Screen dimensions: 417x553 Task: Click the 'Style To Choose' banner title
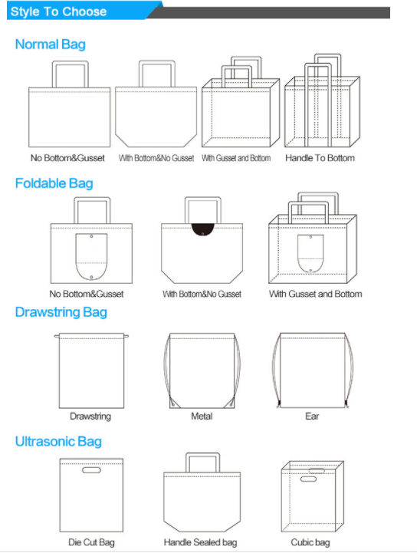click(58, 12)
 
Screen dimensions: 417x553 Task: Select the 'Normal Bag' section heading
click(51, 44)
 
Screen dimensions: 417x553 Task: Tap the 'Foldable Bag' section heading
click(54, 183)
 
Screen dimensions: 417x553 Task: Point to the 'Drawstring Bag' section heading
click(61, 312)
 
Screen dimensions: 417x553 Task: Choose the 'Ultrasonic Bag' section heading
click(58, 441)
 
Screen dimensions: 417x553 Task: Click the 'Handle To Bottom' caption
click(320, 158)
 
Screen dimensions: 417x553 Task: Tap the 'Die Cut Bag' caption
click(91, 542)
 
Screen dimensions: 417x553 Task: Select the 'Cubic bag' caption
click(310, 542)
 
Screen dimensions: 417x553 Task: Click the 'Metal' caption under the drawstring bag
click(202, 416)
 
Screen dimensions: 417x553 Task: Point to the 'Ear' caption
click(312, 416)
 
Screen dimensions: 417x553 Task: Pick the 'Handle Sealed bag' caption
click(200, 542)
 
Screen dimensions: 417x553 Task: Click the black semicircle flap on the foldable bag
click(202, 229)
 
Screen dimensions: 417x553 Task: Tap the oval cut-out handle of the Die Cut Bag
click(91, 469)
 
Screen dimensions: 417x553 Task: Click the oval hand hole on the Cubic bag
click(308, 479)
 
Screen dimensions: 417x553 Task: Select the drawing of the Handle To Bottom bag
click(322, 100)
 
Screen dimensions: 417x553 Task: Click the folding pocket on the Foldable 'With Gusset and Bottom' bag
click(310, 254)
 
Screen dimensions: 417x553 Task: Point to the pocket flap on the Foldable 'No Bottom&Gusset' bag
click(91, 257)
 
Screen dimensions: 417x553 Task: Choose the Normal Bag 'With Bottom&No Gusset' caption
click(156, 158)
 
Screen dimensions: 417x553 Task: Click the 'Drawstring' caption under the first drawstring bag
click(90, 416)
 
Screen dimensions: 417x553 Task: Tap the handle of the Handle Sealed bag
click(202, 455)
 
